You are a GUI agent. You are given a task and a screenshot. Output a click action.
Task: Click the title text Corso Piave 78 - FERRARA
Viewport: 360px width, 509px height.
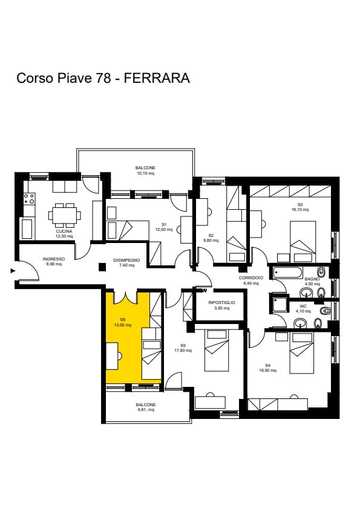103,78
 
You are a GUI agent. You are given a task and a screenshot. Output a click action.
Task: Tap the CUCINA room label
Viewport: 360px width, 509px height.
64,231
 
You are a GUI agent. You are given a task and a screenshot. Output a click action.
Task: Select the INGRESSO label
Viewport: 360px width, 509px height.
54,259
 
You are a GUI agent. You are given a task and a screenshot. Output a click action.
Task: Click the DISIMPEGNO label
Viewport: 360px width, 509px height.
126,260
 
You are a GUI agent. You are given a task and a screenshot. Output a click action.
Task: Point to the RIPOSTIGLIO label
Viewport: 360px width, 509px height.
221,302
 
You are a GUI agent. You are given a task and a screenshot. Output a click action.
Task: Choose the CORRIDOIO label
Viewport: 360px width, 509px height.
250,277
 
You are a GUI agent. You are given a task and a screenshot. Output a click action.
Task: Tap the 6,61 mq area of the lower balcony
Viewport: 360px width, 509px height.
145,410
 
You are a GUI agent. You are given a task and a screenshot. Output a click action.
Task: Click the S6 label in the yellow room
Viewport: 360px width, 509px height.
123,319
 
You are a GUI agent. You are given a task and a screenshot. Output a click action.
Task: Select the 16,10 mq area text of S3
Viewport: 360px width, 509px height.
300,210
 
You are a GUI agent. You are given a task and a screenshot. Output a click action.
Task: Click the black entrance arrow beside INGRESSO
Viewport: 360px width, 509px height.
13,271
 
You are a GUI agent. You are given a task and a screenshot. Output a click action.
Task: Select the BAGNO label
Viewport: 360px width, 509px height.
312,279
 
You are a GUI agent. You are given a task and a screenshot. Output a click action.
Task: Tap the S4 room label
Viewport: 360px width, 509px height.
268,365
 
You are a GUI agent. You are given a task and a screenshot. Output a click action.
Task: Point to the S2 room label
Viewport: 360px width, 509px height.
211,235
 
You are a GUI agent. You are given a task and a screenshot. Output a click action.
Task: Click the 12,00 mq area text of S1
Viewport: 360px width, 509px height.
164,230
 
